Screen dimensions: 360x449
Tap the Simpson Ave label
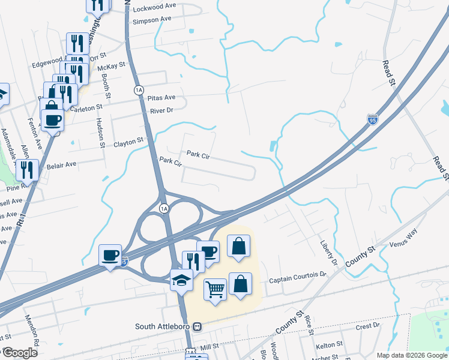(152, 19)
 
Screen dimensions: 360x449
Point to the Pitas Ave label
(162, 97)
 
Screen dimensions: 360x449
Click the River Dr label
(161, 110)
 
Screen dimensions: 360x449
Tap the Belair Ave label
(62, 164)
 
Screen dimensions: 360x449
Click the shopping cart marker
(215, 290)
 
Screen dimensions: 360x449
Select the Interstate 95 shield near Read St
(372, 121)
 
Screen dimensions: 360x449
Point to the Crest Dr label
(368, 326)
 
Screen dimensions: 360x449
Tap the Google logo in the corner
(20, 353)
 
